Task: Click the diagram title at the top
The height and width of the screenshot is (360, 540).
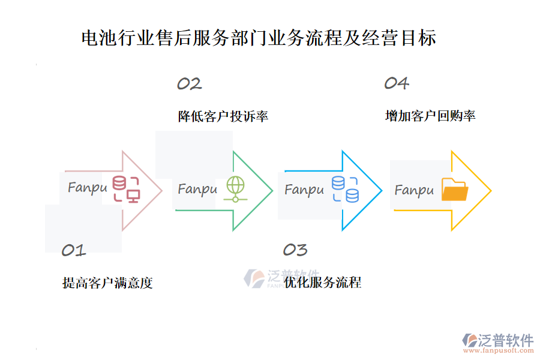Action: [x=259, y=38]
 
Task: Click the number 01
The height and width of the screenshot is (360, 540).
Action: [x=74, y=250]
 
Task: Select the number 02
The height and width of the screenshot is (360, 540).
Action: [x=189, y=84]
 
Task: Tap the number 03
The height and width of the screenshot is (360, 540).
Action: [x=295, y=250]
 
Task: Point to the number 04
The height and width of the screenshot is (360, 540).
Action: [x=397, y=83]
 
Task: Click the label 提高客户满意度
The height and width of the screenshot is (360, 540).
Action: [x=107, y=283]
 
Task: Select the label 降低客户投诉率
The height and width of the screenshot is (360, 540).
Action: [x=223, y=116]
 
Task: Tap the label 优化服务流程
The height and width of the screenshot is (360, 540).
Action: [x=323, y=283]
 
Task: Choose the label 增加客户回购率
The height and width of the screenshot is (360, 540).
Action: [x=430, y=116]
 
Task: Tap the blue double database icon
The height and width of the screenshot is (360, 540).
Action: [x=345, y=189]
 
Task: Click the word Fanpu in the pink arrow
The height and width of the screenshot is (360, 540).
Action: [x=88, y=188]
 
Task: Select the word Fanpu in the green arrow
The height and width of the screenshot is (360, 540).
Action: [x=197, y=190]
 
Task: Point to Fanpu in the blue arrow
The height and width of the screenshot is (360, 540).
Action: [x=304, y=190]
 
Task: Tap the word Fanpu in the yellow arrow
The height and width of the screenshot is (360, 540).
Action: [x=414, y=191]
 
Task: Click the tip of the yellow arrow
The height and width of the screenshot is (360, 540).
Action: [x=490, y=191]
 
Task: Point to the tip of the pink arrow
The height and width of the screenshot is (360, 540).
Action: [x=161, y=191]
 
